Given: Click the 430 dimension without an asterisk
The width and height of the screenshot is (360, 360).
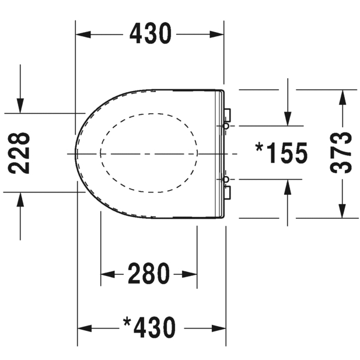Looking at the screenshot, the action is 151,33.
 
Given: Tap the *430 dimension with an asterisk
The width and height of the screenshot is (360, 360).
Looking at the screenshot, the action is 149,327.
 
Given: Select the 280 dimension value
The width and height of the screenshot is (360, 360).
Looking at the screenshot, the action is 149,273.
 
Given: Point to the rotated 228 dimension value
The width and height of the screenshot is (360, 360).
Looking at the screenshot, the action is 19,153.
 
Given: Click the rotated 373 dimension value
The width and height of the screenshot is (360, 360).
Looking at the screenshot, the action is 341,153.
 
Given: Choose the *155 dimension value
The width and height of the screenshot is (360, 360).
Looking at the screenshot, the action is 281,153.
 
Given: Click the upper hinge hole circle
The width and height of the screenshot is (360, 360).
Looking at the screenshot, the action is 226,126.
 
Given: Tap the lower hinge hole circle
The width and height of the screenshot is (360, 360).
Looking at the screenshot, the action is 226,179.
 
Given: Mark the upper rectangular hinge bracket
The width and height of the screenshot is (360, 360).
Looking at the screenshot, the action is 228,116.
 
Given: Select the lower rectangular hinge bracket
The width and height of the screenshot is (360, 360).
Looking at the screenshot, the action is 228,193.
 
